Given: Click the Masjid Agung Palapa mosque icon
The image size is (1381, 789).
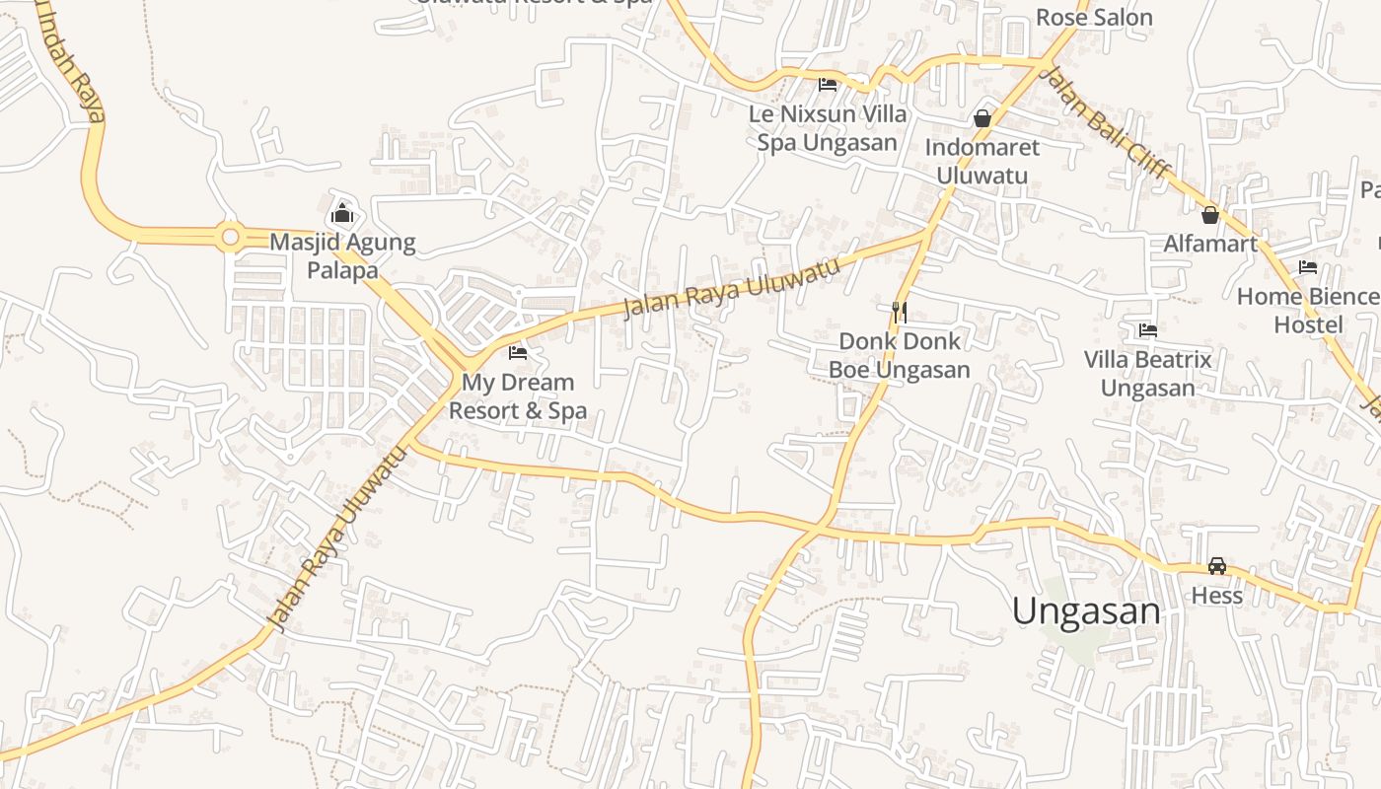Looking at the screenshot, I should (x=342, y=212).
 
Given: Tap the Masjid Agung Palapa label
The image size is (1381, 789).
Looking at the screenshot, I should (x=342, y=256).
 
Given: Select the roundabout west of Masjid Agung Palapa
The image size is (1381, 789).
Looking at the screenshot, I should (x=231, y=237).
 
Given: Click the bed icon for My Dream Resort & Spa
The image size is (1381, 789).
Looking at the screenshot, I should (x=517, y=352).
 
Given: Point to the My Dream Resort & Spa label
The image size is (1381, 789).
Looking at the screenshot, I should (x=518, y=396).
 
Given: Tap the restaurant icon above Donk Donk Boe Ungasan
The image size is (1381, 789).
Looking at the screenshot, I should (x=899, y=312).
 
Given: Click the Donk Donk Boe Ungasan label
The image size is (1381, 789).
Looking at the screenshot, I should (x=899, y=356).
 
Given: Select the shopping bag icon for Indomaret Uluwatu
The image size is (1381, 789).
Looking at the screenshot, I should (x=981, y=118).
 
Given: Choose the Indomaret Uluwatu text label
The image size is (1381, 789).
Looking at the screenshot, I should (x=981, y=162).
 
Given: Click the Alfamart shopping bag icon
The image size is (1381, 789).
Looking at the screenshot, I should (x=1210, y=215).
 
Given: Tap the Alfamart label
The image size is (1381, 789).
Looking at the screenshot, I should (x=1210, y=244).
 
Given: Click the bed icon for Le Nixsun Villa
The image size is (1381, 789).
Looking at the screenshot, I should (x=828, y=85).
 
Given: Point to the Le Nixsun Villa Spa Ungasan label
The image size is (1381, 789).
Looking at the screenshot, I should (x=828, y=128).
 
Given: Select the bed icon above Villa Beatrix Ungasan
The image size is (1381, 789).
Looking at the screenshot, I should (x=1147, y=330).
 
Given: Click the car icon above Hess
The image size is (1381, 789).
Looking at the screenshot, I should (x=1217, y=566).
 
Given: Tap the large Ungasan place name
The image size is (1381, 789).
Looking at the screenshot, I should (x=1086, y=611).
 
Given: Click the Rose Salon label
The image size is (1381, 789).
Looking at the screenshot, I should (x=1094, y=18).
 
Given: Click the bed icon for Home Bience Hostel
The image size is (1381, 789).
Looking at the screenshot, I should (x=1308, y=267).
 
